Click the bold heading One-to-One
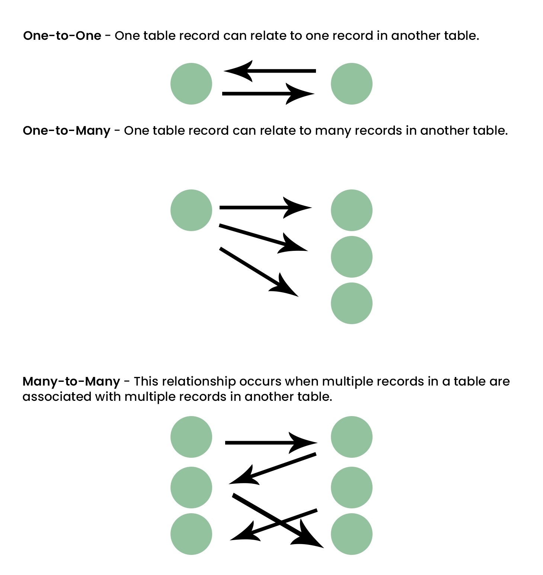point(62,36)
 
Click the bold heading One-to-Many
point(67,131)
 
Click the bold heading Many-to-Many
point(71,381)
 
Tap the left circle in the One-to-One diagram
point(191,84)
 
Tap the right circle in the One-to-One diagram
point(351,84)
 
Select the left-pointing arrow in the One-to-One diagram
point(269,71)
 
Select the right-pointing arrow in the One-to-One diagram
point(268,94)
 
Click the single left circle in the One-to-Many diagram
point(191,210)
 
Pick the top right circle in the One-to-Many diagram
point(351,210)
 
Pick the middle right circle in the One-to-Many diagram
point(351,257)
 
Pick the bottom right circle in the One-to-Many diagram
point(351,303)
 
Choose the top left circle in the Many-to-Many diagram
point(191,437)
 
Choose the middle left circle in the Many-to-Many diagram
point(191,488)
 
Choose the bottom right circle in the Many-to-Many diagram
point(351,534)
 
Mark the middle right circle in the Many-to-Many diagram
point(351,488)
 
